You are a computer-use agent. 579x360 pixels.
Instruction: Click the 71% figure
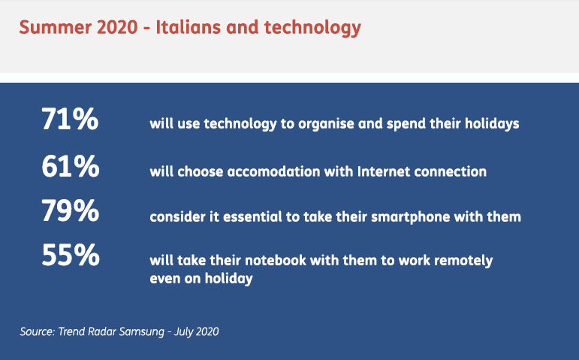(x=70, y=119)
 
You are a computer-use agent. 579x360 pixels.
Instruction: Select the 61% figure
(x=71, y=166)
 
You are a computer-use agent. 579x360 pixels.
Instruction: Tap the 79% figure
(x=70, y=210)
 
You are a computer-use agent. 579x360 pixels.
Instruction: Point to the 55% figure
(x=71, y=255)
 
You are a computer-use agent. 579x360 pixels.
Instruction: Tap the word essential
(x=252, y=216)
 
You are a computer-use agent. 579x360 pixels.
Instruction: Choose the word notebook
(x=276, y=260)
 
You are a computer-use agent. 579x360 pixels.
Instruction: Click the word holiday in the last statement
(x=228, y=279)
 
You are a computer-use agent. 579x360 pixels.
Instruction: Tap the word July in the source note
(x=183, y=332)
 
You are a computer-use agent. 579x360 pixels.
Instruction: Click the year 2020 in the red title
(x=117, y=27)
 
